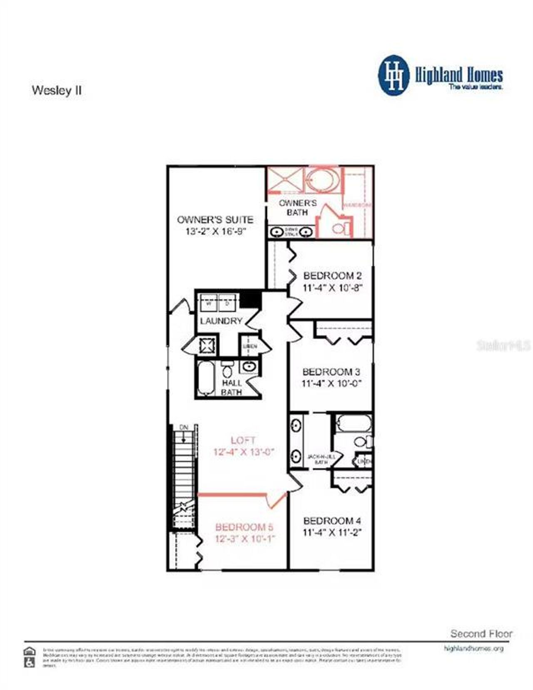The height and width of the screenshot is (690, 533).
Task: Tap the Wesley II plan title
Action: click(57, 91)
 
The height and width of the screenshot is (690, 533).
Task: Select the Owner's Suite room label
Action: click(215, 220)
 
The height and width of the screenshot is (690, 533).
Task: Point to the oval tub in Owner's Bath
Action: click(324, 180)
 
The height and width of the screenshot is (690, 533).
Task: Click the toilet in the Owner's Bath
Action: click(340, 228)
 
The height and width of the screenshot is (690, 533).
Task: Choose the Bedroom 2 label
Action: click(332, 276)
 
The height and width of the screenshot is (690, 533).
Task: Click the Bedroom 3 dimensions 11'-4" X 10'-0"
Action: click(331, 383)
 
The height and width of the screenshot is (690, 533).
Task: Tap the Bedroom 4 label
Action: click(332, 521)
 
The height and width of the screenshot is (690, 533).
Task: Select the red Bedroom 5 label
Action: click(244, 527)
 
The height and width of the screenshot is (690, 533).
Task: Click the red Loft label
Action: click(243, 440)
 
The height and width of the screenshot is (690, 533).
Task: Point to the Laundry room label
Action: click(221, 321)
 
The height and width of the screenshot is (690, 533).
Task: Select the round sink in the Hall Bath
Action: click(249, 367)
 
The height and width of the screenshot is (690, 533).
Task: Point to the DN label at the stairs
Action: click(184, 427)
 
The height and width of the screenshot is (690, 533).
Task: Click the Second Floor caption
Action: click(481, 633)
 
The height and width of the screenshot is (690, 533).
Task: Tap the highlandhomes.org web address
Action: click(474, 648)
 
